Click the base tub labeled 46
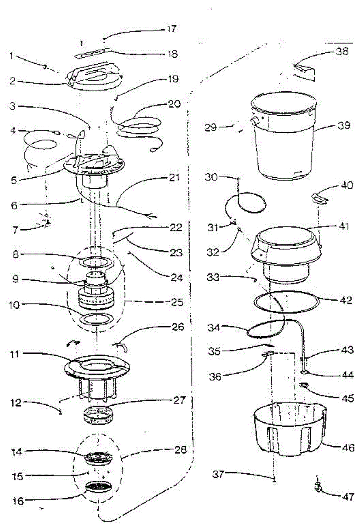pos(290,430)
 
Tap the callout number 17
pos(171,29)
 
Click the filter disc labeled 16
pos(99,487)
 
